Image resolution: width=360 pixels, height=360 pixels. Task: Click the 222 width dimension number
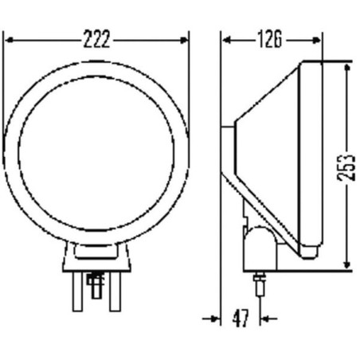(x=96, y=39)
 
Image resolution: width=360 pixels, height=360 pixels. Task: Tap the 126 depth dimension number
(x=270, y=40)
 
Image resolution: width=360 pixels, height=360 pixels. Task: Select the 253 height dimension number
(x=346, y=168)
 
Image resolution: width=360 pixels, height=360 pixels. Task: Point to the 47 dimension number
(x=241, y=318)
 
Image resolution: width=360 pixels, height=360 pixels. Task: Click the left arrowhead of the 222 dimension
(x=10, y=40)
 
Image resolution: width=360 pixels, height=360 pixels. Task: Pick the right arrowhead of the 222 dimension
(x=184, y=40)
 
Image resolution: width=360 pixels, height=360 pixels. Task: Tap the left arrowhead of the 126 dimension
(x=226, y=40)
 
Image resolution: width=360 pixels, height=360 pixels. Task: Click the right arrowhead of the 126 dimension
(x=317, y=40)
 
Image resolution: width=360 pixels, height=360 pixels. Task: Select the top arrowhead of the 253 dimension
(x=346, y=68)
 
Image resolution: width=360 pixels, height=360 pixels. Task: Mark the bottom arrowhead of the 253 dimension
(x=346, y=264)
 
